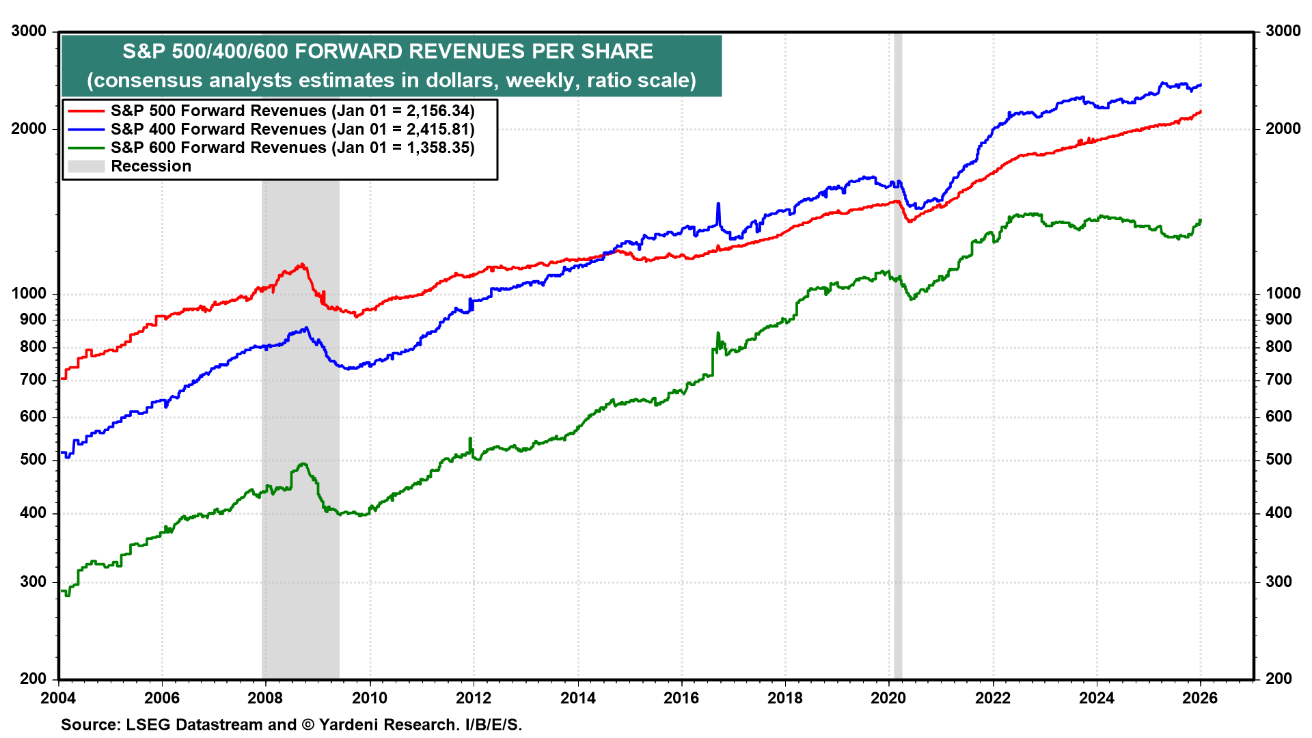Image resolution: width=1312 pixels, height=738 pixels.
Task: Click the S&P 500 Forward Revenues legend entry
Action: tap(292, 111)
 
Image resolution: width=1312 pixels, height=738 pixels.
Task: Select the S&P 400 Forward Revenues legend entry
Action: tap(292, 129)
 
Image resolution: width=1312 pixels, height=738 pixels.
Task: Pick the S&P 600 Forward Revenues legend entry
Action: tap(292, 148)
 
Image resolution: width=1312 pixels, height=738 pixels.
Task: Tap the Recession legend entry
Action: tap(151, 166)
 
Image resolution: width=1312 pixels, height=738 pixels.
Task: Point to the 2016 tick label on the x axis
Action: tap(681, 698)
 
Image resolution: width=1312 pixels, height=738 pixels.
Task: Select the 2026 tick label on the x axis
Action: tap(1200, 698)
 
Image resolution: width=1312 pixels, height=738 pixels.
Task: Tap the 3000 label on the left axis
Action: tap(29, 31)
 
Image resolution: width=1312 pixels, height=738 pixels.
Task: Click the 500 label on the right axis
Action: tap(1279, 459)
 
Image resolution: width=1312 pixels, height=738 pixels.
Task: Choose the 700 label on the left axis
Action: tap(33, 379)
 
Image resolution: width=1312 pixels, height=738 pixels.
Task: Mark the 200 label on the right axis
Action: tap(1279, 679)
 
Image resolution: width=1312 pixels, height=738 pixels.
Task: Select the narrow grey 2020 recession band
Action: tap(898, 410)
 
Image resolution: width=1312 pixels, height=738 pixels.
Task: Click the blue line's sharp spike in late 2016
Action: tap(718, 204)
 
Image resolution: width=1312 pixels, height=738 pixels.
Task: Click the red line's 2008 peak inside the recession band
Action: tap(301, 264)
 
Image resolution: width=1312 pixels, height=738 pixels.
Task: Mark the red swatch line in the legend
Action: tap(86, 111)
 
